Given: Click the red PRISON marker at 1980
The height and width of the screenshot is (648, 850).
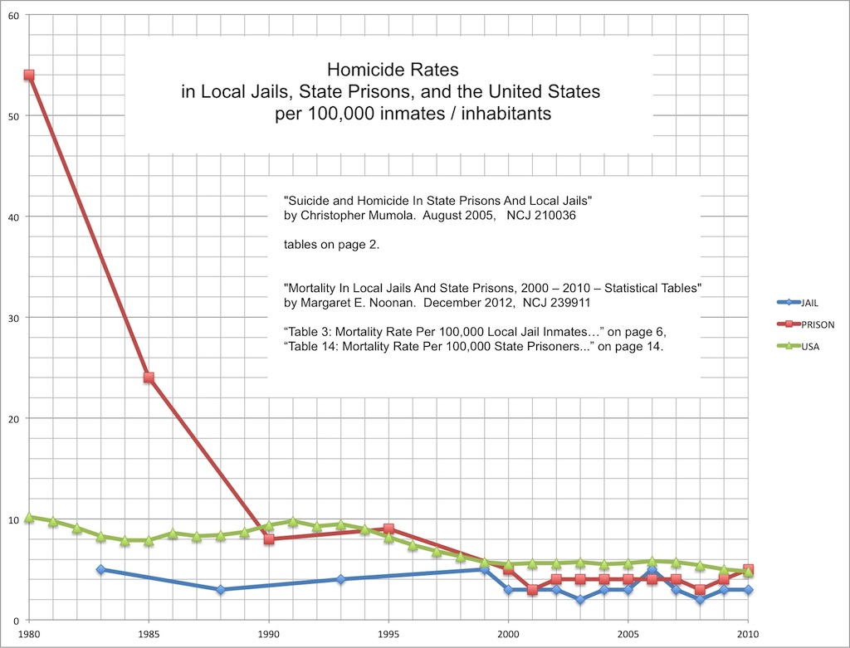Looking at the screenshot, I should (x=29, y=76).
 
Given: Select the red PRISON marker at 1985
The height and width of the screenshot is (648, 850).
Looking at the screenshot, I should (x=149, y=378).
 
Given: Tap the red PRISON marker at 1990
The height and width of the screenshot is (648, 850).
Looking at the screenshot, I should (x=269, y=538).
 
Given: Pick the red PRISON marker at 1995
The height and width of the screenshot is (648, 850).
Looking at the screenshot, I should (x=388, y=529).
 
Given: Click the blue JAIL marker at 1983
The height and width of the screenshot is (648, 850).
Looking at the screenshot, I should (x=101, y=569).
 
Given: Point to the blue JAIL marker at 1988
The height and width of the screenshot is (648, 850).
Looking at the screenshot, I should (x=221, y=589).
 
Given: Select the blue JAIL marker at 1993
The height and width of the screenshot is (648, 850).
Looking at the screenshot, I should (x=340, y=579).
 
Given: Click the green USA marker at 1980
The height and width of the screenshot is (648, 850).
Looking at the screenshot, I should (x=29, y=517).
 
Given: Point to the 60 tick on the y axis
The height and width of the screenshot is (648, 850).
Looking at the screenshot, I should (x=14, y=15).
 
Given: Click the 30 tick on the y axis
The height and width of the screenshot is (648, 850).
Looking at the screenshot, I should (x=14, y=318).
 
